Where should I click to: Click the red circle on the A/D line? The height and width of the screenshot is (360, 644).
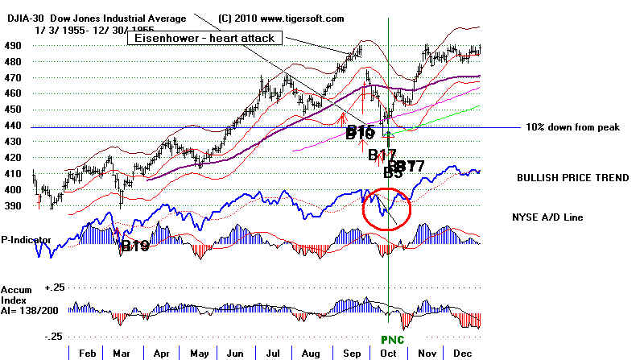386,208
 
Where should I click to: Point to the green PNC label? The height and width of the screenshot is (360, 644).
391,340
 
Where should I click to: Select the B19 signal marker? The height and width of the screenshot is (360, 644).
134,247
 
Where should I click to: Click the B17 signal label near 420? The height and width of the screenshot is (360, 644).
382,155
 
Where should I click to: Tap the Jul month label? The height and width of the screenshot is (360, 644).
275,352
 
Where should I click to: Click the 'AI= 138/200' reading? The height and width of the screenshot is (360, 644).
27,309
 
